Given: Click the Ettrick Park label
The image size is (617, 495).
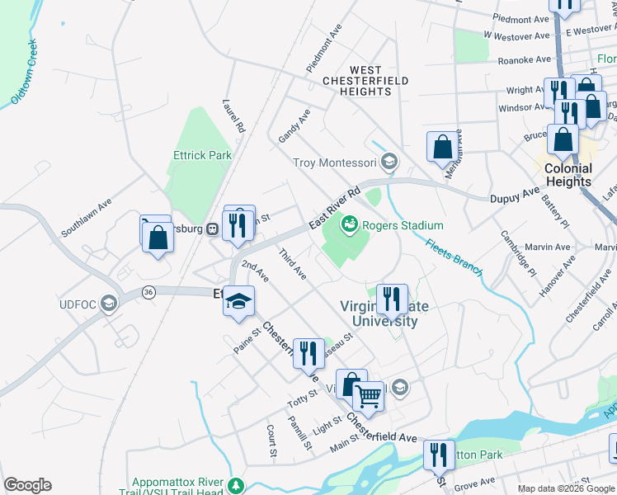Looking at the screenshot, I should tap(202, 154).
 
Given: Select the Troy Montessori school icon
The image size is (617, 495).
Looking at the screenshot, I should tap(389, 162).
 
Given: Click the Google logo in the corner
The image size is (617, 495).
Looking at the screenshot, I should tap(27, 484).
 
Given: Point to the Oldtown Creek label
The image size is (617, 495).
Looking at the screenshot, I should tap(25, 73).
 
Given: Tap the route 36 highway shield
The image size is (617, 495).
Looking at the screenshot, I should tap(148, 292).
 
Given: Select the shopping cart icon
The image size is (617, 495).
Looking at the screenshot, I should tap(369, 397).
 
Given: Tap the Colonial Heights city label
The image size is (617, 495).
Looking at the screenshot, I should tap(568, 175).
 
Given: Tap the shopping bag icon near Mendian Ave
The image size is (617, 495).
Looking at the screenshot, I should tap(442, 146).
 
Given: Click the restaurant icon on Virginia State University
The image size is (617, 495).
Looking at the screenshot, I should tap(392, 299).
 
